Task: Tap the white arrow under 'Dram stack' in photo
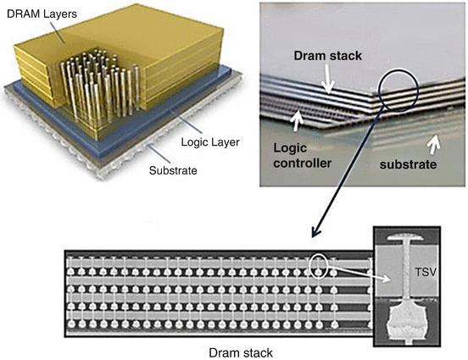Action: tap(330, 81)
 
